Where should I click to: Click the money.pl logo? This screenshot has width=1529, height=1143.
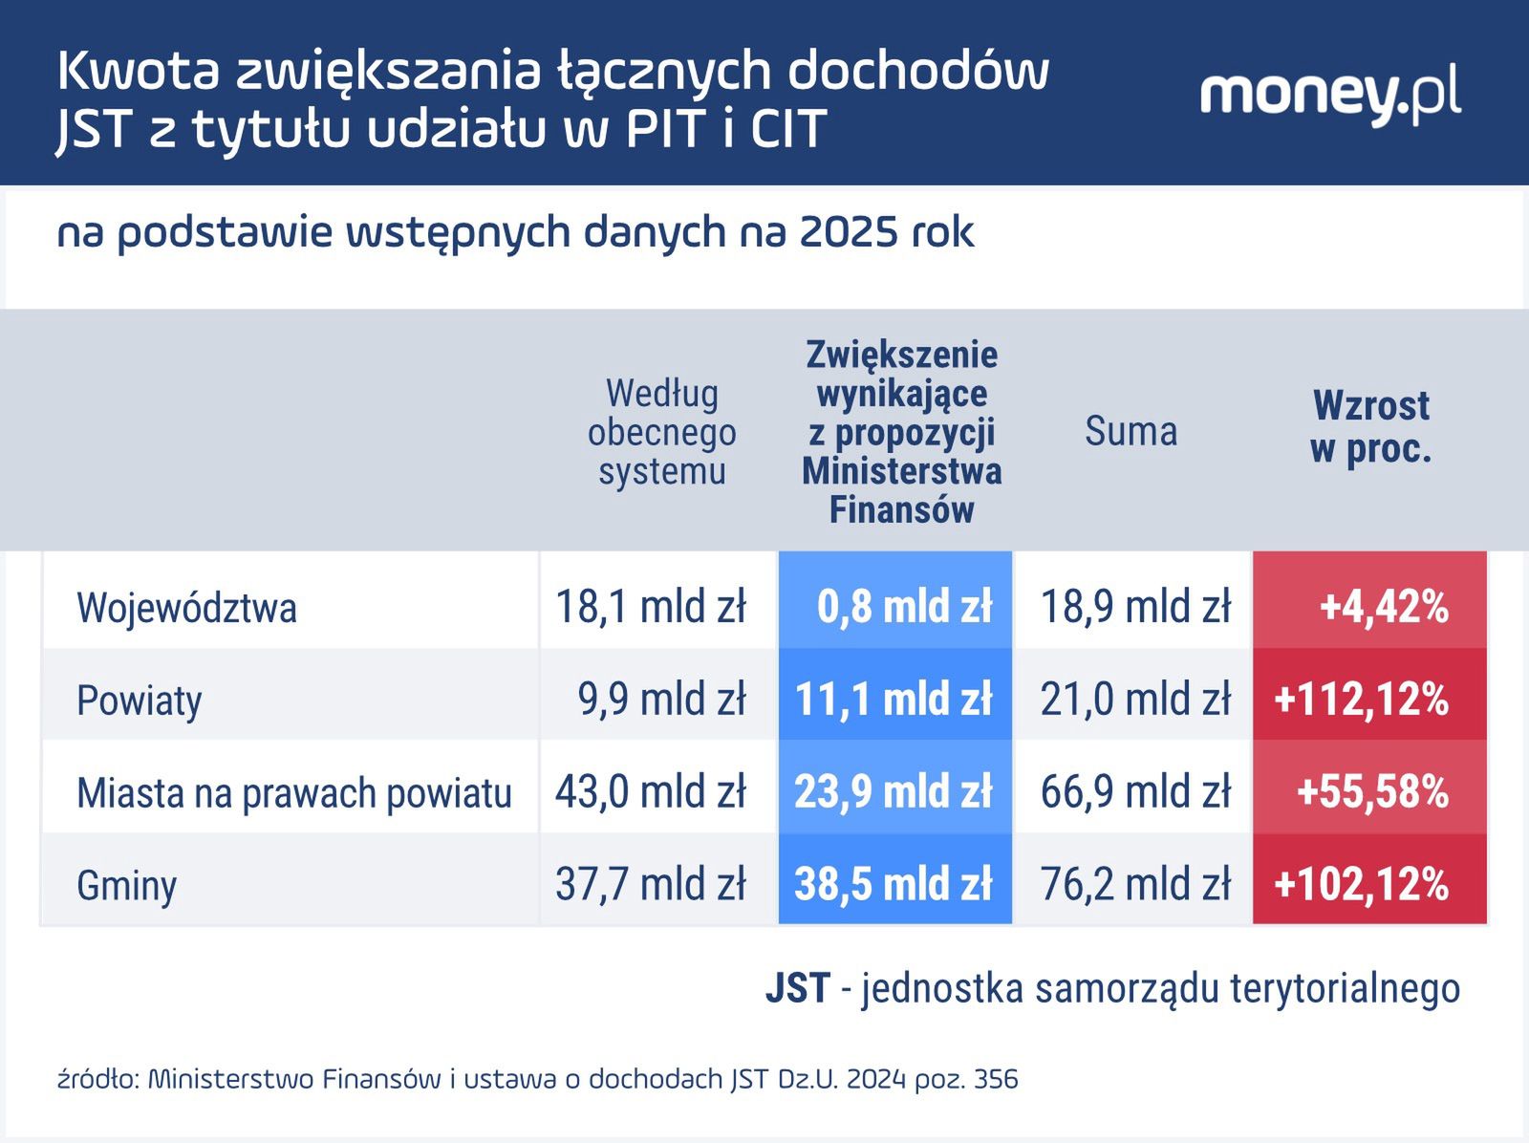[x=1329, y=96]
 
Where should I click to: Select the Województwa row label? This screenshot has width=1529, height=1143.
[x=186, y=608]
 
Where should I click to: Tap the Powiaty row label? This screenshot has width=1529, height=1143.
[x=140, y=701]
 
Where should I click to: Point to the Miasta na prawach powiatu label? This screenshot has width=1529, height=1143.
[x=294, y=793]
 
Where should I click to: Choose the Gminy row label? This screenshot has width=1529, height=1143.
[x=127, y=886]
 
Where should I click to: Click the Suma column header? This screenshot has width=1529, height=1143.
[x=1131, y=431]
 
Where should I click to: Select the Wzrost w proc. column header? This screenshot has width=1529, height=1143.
[x=1370, y=427]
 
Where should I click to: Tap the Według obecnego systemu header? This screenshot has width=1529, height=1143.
[x=661, y=432]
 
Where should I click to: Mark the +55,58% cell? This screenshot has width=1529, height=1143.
[x=1371, y=792]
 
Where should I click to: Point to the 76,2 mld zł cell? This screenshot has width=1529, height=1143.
[x=1135, y=884]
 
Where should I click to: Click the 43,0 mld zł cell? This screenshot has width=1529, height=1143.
[x=651, y=792]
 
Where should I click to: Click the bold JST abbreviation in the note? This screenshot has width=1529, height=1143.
[x=797, y=988]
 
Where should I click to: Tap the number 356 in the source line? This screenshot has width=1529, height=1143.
[x=996, y=1079]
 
